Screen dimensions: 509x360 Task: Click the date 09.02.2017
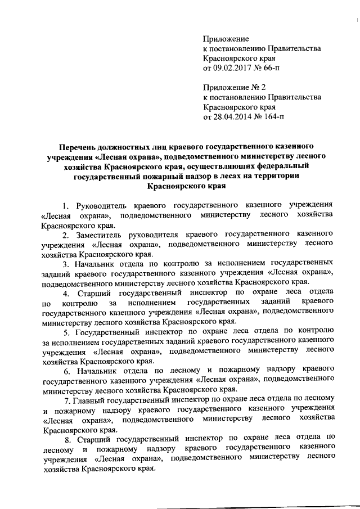235,68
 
